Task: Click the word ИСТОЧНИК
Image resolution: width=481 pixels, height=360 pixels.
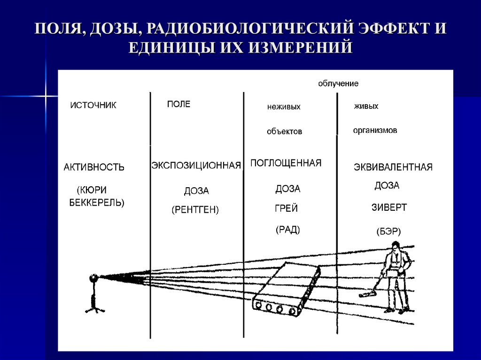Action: click(93, 106)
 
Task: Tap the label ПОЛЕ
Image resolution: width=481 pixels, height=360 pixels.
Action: click(178, 104)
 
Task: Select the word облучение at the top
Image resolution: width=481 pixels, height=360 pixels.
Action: click(338, 84)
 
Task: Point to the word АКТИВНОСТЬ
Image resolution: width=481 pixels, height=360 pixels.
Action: click(94, 167)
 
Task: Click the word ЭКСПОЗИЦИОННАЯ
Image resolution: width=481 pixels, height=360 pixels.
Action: click(196, 165)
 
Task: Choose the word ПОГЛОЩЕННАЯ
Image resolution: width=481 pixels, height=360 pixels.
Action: click(286, 163)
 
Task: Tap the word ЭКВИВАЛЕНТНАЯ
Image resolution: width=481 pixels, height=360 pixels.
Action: click(393, 167)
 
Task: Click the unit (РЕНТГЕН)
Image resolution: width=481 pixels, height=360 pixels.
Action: click(195, 209)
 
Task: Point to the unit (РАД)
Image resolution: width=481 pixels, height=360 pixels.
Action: click(287, 230)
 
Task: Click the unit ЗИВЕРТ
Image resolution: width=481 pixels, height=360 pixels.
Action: click(389, 207)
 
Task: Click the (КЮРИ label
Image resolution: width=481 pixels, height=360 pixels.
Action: click(92, 190)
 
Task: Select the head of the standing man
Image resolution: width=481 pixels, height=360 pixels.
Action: click(396, 245)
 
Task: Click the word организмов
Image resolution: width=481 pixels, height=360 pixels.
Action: click(375, 130)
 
